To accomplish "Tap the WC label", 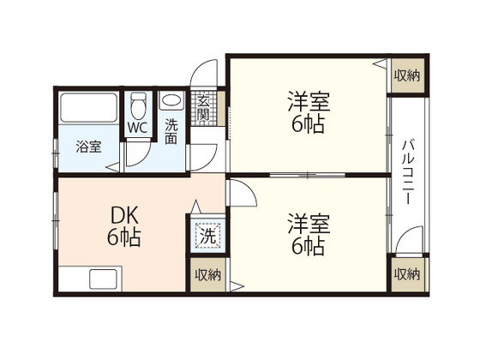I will [x=138, y=128].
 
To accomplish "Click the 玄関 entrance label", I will [x=204, y=107].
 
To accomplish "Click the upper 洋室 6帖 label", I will [x=305, y=111].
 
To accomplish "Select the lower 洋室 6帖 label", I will [x=306, y=235].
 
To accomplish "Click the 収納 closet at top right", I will [x=407, y=75].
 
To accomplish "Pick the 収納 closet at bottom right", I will [x=407, y=274].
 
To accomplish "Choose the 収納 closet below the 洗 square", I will [x=207, y=274].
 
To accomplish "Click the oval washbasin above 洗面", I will [x=171, y=100].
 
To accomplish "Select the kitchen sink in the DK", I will [x=99, y=279].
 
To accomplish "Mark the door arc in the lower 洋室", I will [x=243, y=192].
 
